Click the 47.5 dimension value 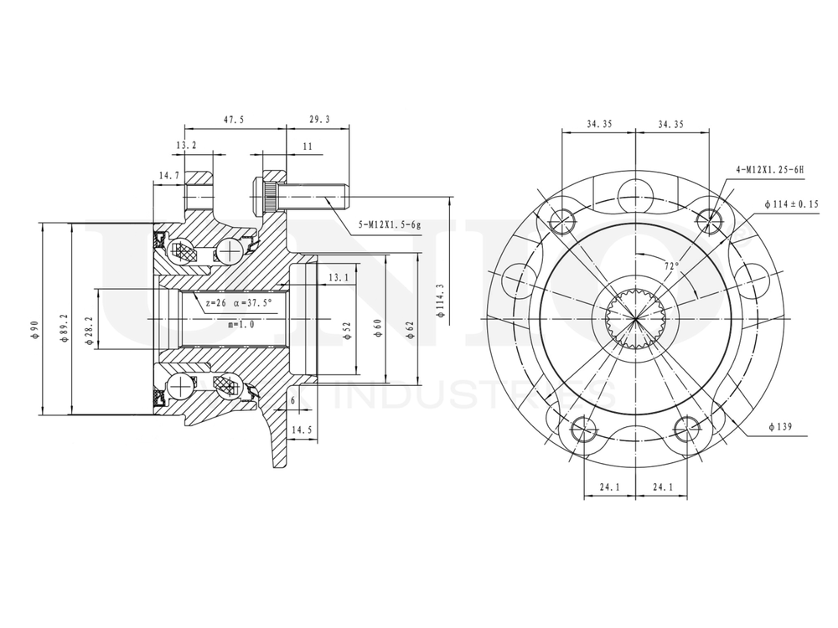(234, 120)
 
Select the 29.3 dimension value (319, 120)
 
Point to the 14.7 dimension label (168, 175)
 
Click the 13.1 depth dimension (339, 277)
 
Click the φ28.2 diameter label (90, 322)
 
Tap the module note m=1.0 (241, 323)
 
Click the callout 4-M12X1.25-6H (768, 170)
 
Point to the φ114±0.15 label (791, 203)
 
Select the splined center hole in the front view (635, 319)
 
